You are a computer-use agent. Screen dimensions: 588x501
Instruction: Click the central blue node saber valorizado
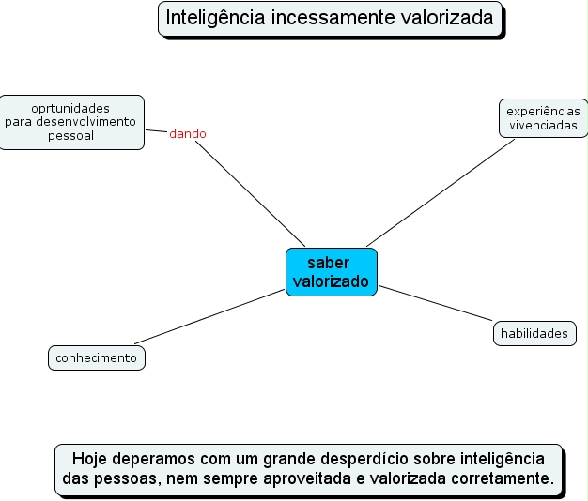pos(331,272)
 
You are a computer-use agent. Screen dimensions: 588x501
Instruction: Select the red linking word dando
pos(188,134)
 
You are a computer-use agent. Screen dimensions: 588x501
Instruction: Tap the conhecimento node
pos(97,357)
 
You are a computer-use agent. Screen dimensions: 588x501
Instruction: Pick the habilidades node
pos(534,333)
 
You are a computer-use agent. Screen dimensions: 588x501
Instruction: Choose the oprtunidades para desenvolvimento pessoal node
pos(70,122)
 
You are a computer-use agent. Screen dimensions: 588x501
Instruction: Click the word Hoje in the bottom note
pos(90,459)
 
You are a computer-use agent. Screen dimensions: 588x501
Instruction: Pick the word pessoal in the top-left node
pos(71,135)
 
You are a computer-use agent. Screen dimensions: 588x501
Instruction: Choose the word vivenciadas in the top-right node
pos(544,126)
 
